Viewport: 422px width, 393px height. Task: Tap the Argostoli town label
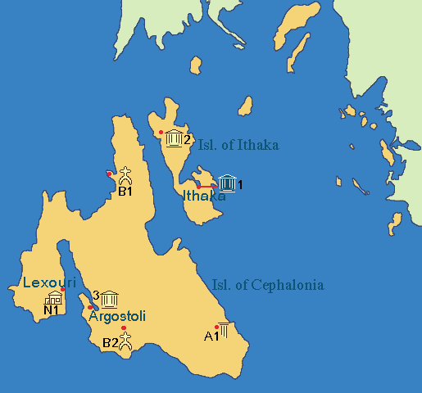click(x=116, y=316)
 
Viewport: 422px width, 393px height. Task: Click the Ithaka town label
click(x=204, y=196)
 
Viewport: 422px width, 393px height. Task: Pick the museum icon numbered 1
click(x=227, y=184)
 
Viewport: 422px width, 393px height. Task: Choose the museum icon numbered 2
click(x=174, y=138)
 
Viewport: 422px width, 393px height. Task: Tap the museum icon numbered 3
click(x=109, y=297)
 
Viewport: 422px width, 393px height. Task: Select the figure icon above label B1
click(x=125, y=175)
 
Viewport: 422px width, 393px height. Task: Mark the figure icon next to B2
click(x=125, y=341)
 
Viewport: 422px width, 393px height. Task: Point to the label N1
click(x=52, y=309)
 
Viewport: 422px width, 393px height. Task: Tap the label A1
click(x=211, y=336)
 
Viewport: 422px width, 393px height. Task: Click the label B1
click(x=125, y=192)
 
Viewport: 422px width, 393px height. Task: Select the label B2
click(x=110, y=343)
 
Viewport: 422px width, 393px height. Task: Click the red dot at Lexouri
click(x=63, y=289)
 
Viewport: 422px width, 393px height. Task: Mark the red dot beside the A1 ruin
click(x=216, y=327)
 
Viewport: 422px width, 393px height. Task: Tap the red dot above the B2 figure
click(x=124, y=328)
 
